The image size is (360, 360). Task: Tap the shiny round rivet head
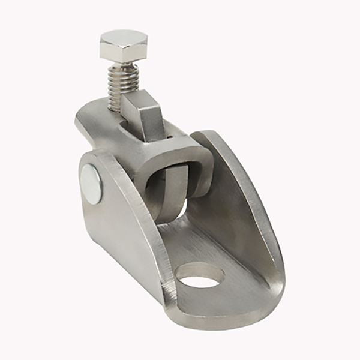coord(91,183)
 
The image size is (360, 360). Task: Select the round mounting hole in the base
coord(200,275)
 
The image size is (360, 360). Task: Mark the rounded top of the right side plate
coord(210,135)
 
